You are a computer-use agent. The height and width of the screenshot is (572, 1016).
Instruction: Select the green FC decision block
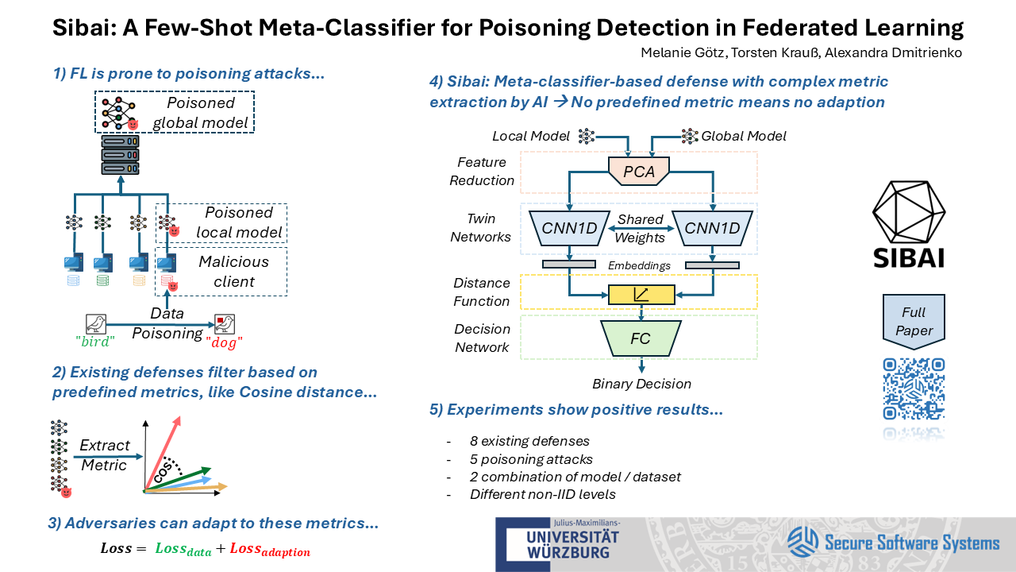[x=640, y=338]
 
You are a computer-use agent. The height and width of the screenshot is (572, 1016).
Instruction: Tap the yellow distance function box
[x=641, y=295]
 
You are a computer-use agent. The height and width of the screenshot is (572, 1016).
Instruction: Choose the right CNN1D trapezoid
[x=712, y=229]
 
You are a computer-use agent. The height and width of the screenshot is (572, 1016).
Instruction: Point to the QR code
[x=914, y=389]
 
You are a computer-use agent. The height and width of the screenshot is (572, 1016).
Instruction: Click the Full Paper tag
[x=914, y=320]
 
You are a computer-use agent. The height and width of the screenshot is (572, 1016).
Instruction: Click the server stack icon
[x=121, y=155]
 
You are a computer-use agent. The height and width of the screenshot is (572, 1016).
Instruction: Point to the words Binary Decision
[x=641, y=385]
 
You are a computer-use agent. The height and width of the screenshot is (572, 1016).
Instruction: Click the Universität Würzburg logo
[x=557, y=543]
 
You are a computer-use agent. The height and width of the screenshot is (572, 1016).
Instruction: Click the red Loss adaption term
[x=270, y=549]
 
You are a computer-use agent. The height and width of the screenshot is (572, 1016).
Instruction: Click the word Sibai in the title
[x=83, y=28]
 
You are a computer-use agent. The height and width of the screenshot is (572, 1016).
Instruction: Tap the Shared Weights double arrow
[x=640, y=229]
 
